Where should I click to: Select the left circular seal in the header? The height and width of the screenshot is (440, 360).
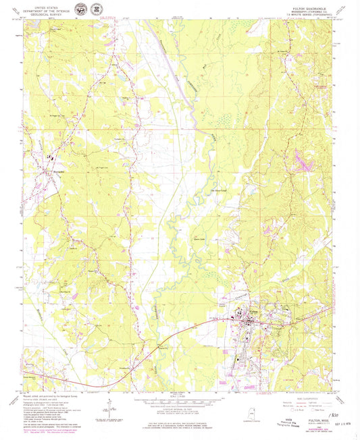[81, 10]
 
